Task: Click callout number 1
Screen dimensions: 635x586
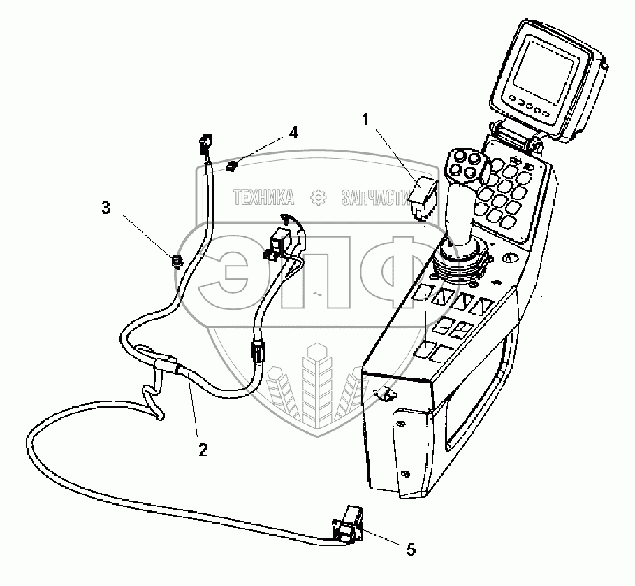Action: pyautogui.click(x=366, y=120)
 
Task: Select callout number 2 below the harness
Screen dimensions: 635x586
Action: pyautogui.click(x=203, y=450)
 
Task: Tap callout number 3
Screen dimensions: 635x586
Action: pyautogui.click(x=105, y=208)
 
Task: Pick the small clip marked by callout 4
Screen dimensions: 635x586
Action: pyautogui.click(x=232, y=166)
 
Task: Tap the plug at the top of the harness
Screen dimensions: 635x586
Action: pyautogui.click(x=205, y=145)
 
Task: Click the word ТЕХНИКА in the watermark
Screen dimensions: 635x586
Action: pyautogui.click(x=263, y=198)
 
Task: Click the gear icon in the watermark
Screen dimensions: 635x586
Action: pyautogui.click(x=318, y=198)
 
